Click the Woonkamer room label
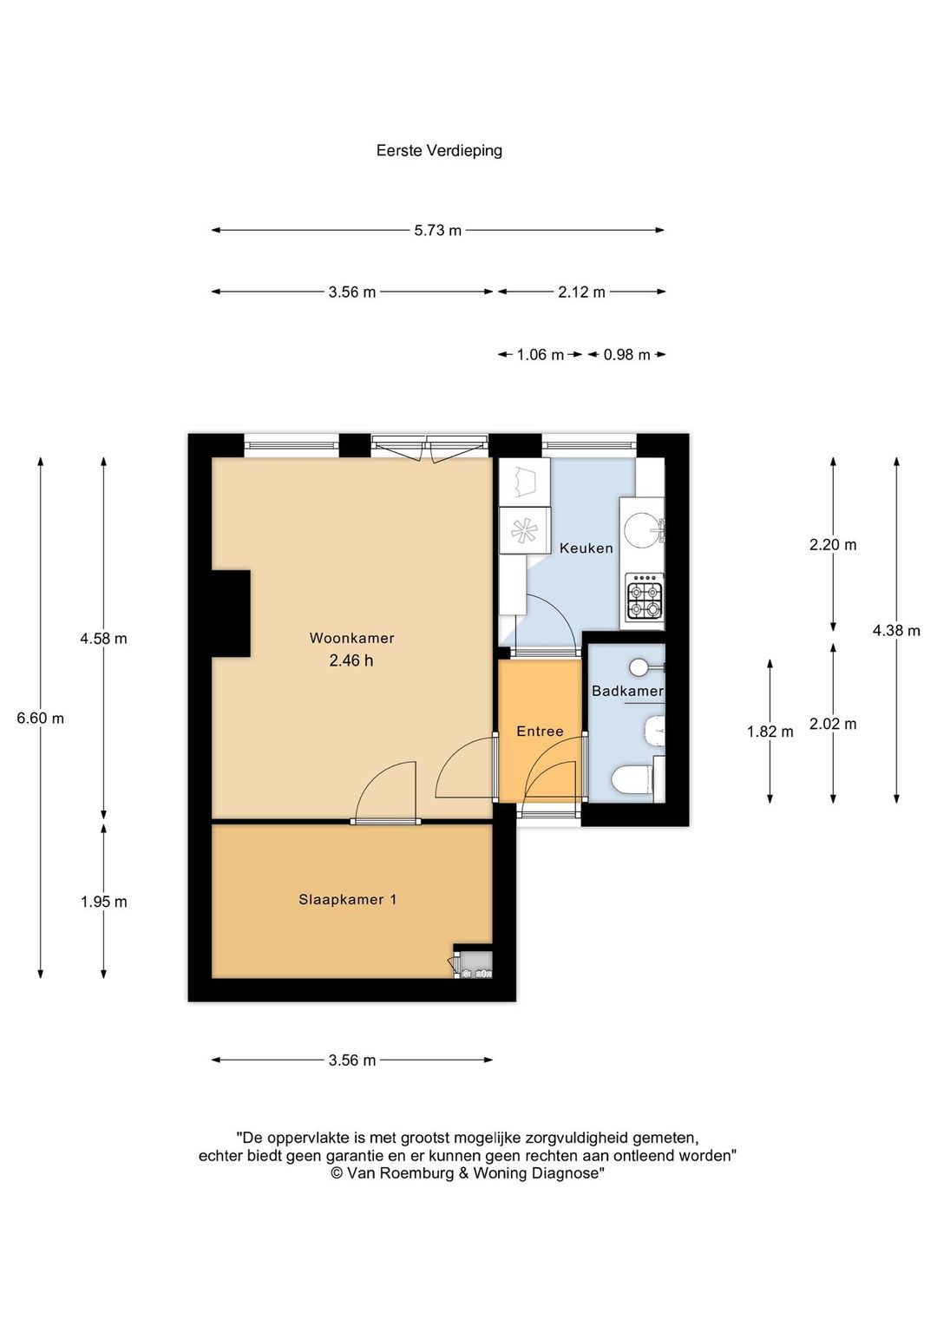tap(351, 638)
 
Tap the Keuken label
tap(586, 548)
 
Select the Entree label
tap(540, 731)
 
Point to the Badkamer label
tap(627, 691)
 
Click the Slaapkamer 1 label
tap(347, 900)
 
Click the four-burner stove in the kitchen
tap(645, 601)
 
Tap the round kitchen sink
tap(641, 527)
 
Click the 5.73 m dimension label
tap(437, 230)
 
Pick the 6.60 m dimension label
tap(40, 718)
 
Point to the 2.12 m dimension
tap(582, 292)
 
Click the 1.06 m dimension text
tap(541, 355)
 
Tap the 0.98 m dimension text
tap(627, 355)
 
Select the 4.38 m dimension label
tap(896, 630)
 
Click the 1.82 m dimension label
tap(770, 732)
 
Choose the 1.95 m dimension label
tap(103, 902)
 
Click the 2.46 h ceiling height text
tap(351, 660)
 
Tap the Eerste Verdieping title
tap(439, 150)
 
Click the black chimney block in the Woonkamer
tap(231, 614)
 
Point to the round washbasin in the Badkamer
tap(640, 667)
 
